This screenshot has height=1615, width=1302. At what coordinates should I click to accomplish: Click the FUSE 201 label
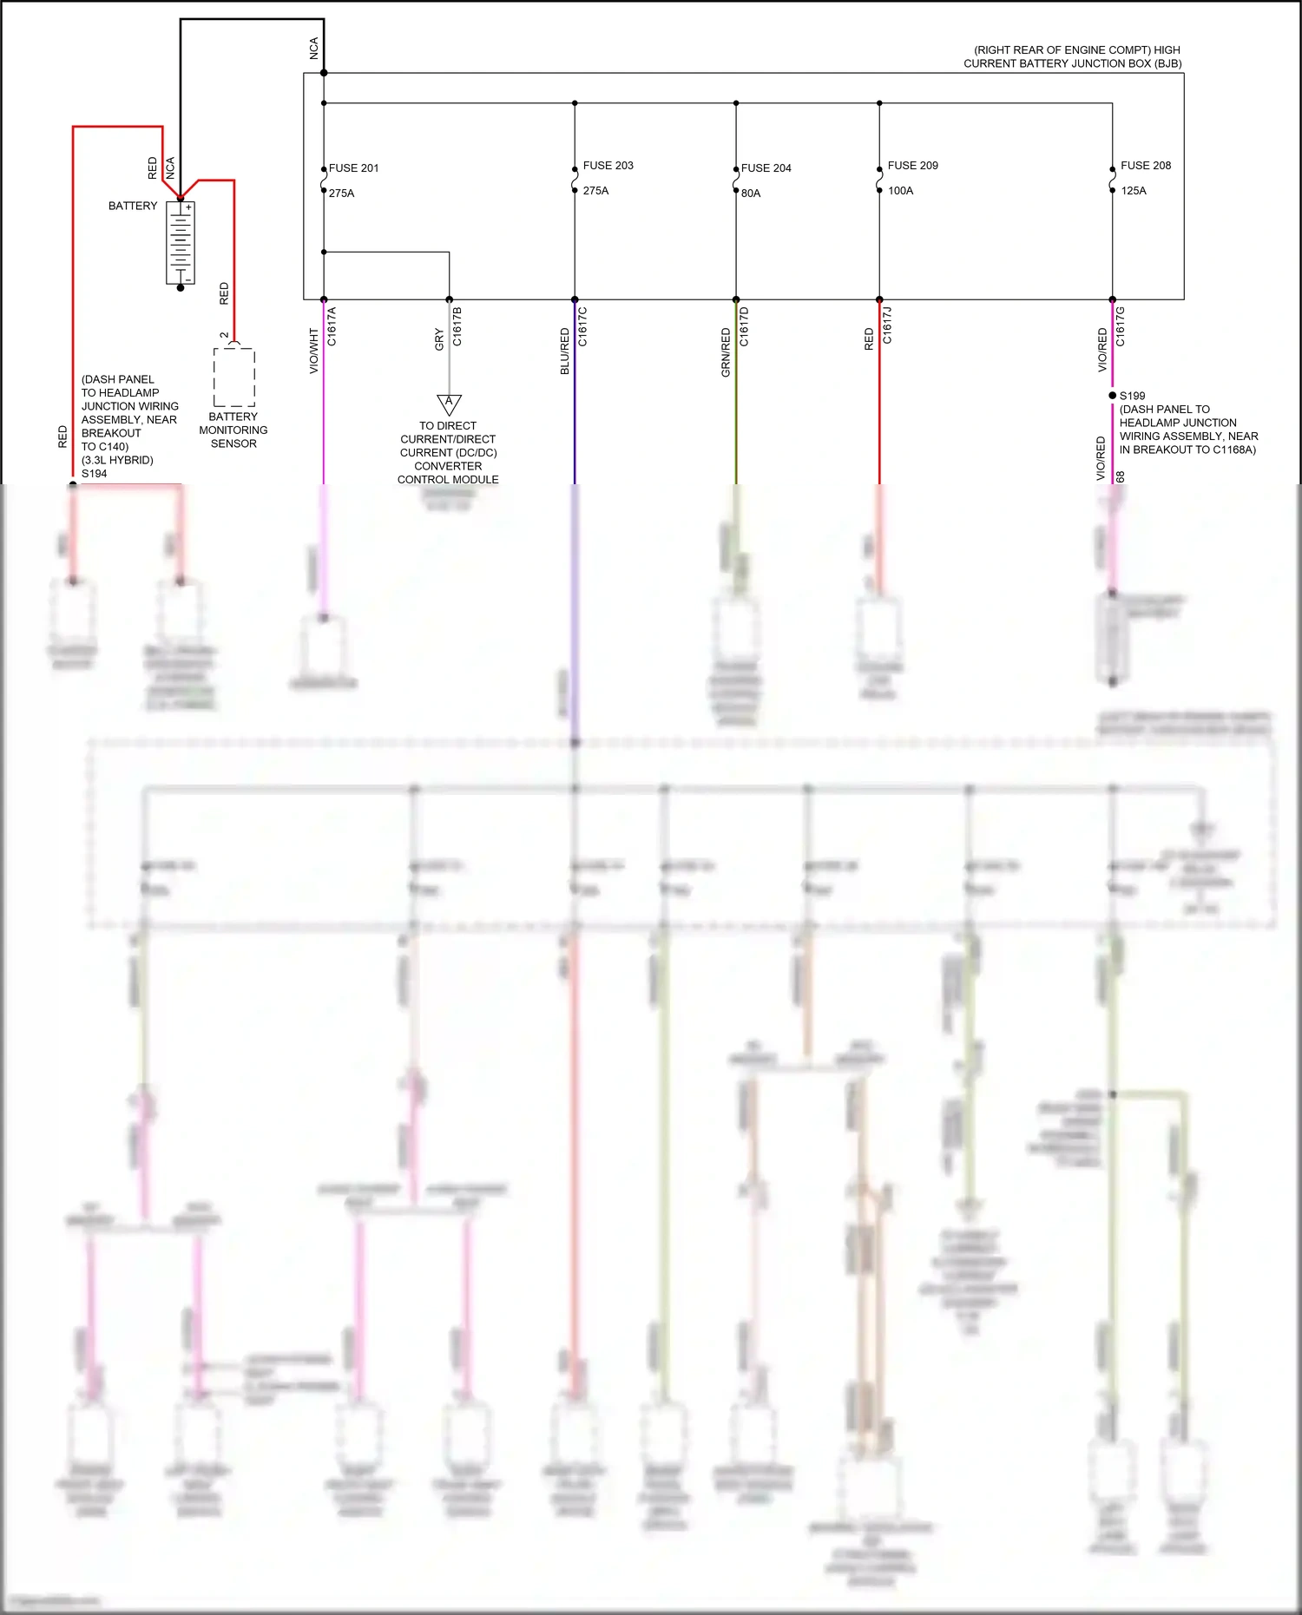point(353,168)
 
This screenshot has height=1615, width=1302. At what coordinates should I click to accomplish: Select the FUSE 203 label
point(608,166)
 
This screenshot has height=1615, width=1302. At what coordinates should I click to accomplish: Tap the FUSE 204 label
point(766,168)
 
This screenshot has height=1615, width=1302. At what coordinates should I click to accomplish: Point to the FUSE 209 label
point(912,166)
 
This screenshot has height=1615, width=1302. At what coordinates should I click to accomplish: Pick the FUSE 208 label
point(1145,166)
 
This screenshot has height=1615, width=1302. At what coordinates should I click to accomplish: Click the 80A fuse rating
point(751,194)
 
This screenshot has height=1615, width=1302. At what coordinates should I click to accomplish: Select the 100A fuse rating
point(900,191)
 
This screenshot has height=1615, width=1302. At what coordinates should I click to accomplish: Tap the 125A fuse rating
point(1133,191)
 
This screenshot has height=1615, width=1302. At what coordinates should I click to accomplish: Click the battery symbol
point(181,243)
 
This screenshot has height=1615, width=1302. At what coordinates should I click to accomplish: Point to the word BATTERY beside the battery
point(133,207)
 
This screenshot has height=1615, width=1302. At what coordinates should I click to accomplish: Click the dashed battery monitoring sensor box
point(234,377)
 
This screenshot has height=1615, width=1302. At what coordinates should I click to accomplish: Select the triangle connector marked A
point(449,404)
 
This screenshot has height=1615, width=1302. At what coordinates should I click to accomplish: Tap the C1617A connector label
point(332,326)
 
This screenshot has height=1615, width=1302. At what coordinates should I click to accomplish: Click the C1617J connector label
point(887,325)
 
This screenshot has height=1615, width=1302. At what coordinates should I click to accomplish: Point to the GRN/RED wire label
point(726,351)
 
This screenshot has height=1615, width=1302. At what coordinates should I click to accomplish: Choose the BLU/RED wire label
point(565,351)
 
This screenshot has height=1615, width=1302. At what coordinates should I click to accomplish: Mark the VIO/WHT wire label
point(314,351)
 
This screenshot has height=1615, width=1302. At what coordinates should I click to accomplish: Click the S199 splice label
point(1132,396)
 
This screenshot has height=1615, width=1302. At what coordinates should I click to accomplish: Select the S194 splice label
point(94,474)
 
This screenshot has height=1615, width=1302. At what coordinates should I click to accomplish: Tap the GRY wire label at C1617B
point(439,339)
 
